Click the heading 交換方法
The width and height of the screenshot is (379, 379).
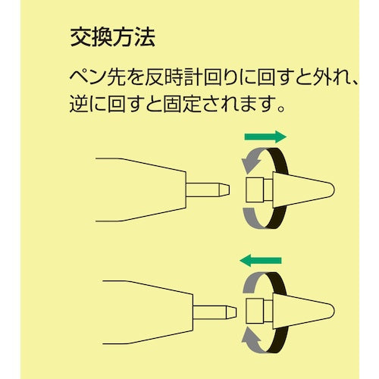(x=114, y=36)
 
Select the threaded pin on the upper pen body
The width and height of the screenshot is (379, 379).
(x=209, y=186)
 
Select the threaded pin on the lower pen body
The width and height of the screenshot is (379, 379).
(x=213, y=310)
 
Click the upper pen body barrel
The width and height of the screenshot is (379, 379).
(x=140, y=186)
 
